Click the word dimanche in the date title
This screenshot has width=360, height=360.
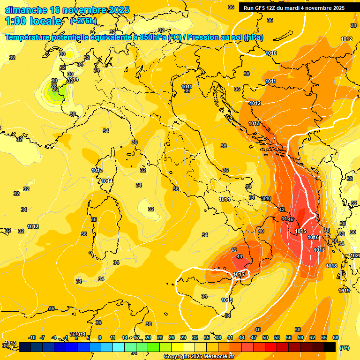pyautogui.click(x=26, y=10)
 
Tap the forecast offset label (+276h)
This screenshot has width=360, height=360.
pyautogui.click(x=83, y=21)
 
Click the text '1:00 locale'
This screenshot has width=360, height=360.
pyautogui.click(x=33, y=21)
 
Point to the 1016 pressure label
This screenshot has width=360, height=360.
pyautogui.click(x=314, y=238)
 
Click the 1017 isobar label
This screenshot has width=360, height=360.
pyautogui.click(x=319, y=250)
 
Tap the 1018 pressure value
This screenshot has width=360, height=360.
pyautogui.click(x=331, y=266)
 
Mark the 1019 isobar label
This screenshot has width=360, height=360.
pyautogui.click(x=344, y=291)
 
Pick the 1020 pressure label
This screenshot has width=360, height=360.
pyautogui.click(x=355, y=255)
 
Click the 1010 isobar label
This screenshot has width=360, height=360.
pyautogui.click(x=271, y=53)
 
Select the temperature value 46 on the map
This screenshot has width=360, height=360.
pyautogui.click(x=291, y=219)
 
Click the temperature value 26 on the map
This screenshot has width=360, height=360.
pyautogui.click(x=55, y=89)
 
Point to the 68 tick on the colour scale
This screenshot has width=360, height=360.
pyautogui.click(x=336, y=337)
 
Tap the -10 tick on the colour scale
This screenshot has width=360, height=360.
pyautogui.click(x=32, y=337)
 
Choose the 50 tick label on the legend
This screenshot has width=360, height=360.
pyautogui.click(x=265, y=337)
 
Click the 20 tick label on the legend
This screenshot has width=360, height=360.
pyautogui.click(x=148, y=337)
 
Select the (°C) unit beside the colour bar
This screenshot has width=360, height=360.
pyautogui.click(x=345, y=348)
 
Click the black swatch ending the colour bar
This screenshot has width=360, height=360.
pyautogui.click(x=330, y=347)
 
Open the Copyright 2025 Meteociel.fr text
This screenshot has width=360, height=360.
pyautogui.click(x=199, y=356)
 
